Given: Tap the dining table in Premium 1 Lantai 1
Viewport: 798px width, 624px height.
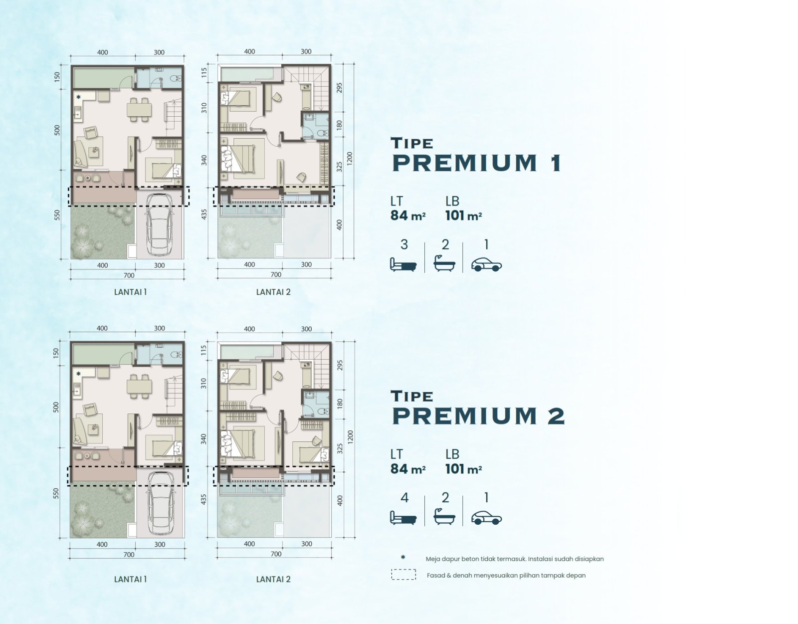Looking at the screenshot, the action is coord(139,109).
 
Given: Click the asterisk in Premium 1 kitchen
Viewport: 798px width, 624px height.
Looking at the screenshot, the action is coord(78,97).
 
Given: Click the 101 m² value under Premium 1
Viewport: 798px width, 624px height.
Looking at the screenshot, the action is coord(463,215).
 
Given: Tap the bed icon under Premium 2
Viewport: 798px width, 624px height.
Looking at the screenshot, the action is coord(403,518).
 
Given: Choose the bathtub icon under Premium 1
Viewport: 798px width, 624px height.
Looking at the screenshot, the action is coord(444,263).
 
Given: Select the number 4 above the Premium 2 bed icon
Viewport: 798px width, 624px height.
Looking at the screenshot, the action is coord(404,498).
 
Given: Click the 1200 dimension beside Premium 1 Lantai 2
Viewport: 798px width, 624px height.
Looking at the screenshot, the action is coord(350,158).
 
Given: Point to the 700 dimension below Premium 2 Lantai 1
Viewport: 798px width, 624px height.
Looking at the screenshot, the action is coord(129,555).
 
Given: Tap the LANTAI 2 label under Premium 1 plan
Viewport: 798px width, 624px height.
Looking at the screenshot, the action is coord(273,292).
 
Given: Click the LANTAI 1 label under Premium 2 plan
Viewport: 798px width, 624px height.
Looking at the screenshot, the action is coord(130,579).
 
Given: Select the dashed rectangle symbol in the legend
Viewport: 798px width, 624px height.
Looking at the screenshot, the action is coord(403,575).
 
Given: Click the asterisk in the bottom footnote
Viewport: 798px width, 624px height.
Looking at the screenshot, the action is coord(403,557).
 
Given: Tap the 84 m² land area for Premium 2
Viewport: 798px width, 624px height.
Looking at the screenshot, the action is coord(408,469).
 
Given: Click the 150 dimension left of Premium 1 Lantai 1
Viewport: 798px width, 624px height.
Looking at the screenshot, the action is coord(57,77).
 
